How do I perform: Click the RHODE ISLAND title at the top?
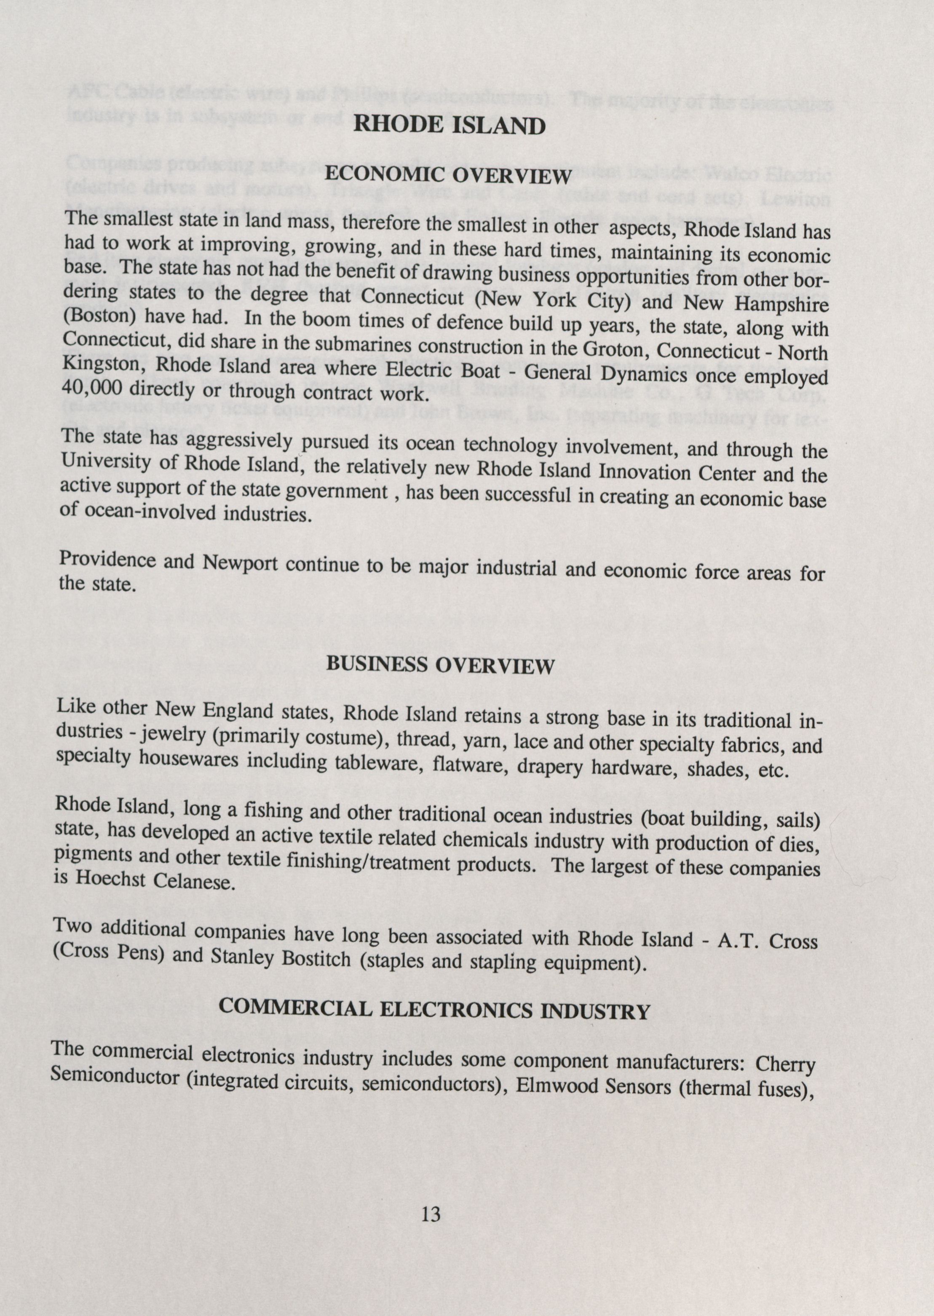[449, 126]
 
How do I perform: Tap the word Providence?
[107, 560]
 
